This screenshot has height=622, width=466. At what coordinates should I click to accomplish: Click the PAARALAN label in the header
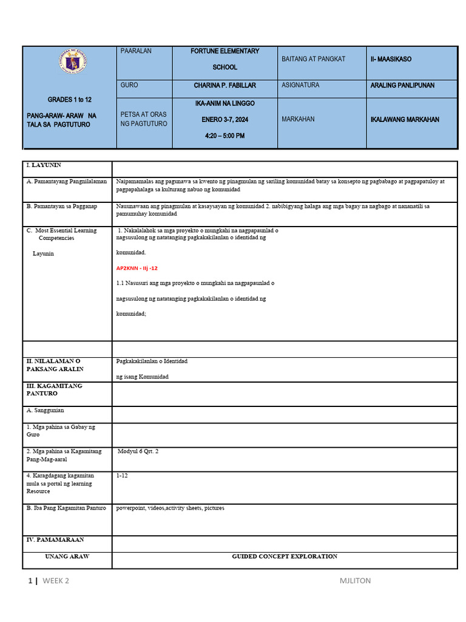pyautogui.click(x=137, y=52)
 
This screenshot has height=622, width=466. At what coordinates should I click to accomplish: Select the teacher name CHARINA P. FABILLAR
pyautogui.click(x=225, y=86)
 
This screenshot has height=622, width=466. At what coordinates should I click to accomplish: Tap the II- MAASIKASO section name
pyautogui.click(x=391, y=59)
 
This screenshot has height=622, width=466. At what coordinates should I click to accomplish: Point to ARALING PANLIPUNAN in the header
pyautogui.click(x=402, y=86)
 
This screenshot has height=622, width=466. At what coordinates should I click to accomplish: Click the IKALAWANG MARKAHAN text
pyautogui.click(x=405, y=120)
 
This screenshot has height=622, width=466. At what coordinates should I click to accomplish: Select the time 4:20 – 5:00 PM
pyautogui.click(x=225, y=135)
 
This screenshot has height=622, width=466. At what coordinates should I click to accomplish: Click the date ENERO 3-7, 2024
pyautogui.click(x=225, y=120)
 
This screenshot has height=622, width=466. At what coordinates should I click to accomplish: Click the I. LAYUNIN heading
pyautogui.click(x=44, y=165)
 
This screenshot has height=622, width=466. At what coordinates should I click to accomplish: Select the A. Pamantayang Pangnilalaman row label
pyautogui.click(x=67, y=182)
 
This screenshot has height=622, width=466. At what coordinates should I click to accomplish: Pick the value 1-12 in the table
pyautogui.click(x=122, y=476)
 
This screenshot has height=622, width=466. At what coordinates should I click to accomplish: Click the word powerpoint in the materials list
pyautogui.click(x=132, y=508)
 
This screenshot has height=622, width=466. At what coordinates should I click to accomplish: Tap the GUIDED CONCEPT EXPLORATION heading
pyautogui.click(x=285, y=556)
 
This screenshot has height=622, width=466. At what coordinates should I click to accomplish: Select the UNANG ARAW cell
pyautogui.click(x=67, y=556)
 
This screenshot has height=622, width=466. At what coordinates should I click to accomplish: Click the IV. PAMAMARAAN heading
pyautogui.click(x=55, y=539)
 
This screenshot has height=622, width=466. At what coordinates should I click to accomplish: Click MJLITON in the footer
pyautogui.click(x=355, y=581)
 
